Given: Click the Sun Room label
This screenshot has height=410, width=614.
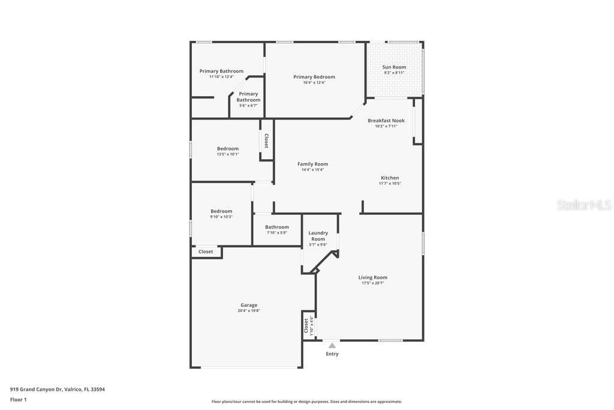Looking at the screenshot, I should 394,67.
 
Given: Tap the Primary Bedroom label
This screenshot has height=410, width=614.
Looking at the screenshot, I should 314,77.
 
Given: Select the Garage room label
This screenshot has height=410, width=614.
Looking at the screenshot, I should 249,305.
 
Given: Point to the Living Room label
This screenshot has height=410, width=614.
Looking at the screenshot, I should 373,277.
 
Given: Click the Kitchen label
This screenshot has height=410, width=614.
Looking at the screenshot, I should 390,178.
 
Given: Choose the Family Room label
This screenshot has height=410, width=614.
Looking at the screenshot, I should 313,164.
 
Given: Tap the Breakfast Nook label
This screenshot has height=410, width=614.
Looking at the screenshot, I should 386,121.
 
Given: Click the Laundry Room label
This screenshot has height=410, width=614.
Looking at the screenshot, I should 318,236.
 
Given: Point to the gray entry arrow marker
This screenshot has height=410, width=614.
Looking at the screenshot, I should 332,345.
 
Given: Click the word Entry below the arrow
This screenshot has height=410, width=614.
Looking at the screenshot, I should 332,354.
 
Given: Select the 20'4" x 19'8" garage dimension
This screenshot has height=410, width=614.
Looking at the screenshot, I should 249,311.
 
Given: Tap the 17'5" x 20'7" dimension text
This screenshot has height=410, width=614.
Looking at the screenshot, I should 373,283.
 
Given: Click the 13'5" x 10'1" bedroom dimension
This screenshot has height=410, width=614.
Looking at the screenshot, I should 228,154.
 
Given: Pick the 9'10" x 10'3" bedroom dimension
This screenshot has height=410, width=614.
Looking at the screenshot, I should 221,217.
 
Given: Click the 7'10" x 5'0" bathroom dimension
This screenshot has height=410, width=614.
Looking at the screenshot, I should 277,233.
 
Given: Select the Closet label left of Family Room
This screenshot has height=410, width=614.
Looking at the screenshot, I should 267,141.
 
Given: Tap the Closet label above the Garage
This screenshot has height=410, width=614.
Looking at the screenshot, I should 206,252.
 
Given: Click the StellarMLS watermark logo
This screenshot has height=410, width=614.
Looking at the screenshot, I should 584,205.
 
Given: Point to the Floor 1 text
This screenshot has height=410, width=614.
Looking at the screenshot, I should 19,399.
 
